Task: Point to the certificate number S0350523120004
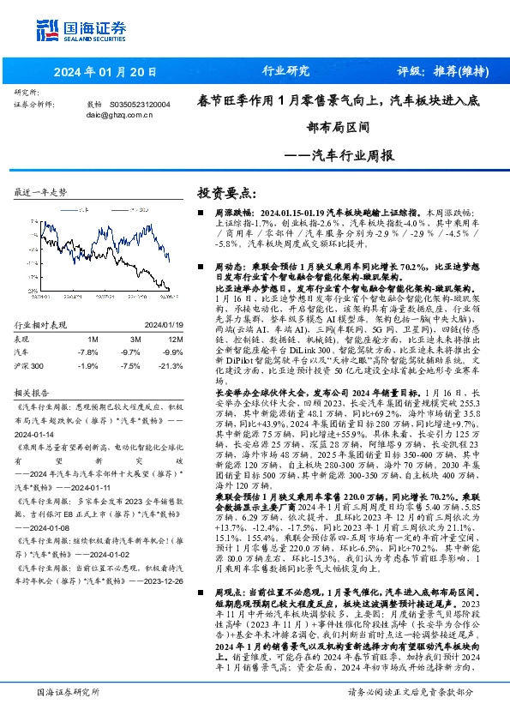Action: [140, 104]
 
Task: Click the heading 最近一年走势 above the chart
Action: [40, 192]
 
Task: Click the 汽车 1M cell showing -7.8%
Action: [87, 352]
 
